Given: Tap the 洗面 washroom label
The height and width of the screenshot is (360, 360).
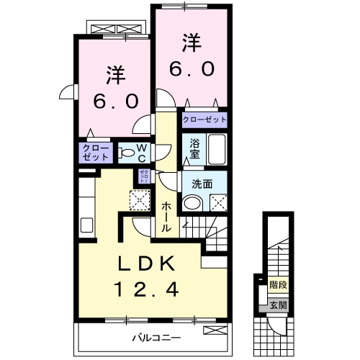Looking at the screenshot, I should click(202, 184).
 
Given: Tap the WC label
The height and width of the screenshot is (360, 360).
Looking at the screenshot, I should click(142, 153).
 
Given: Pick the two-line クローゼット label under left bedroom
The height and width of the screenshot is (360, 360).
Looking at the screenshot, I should click(96, 152).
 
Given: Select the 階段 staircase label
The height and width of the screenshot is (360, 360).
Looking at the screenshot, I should click(277, 285).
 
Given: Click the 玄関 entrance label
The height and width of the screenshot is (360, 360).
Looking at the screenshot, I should click(277, 306).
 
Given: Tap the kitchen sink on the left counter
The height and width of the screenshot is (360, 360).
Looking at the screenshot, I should click(86, 224).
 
